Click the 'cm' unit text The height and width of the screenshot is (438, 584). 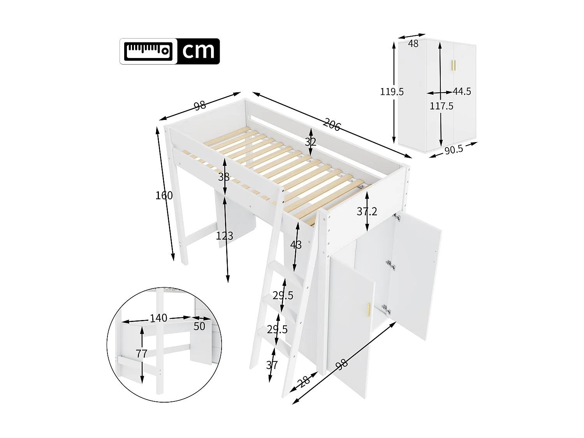point(198,51)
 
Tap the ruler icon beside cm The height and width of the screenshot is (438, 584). point(148,51)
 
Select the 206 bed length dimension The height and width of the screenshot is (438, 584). point(332,125)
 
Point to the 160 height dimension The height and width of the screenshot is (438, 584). point(164,195)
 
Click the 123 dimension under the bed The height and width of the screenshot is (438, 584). point(224,236)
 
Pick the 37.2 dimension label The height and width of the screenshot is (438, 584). point(367,211)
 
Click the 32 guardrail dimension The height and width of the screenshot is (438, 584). point(310,142)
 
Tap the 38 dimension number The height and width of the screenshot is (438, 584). point(223,177)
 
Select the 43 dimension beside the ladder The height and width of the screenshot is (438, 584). point(296,245)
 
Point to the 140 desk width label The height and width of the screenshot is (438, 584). point(158,318)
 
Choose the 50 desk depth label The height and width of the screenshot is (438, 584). point(199,326)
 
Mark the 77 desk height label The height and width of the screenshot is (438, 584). point(141,354)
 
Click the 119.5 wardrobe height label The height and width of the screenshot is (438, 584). point(392,91)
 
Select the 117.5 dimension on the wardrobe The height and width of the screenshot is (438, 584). point(441,106)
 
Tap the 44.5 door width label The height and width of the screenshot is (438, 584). point(462,91)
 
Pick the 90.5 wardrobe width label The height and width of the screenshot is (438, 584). point(454,150)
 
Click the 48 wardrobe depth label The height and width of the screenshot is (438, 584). point(413,44)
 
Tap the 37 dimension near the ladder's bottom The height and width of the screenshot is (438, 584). point(272,365)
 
